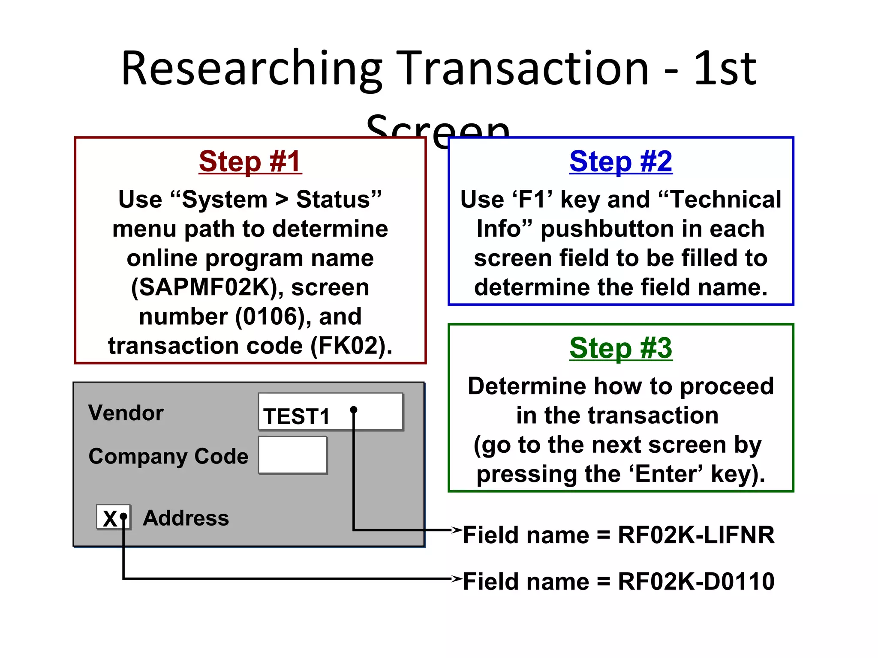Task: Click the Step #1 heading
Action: coord(250,162)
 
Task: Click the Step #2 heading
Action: coord(621,162)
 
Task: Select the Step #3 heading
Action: coord(621,348)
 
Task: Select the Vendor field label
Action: coord(126,413)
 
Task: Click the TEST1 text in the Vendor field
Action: coord(296,417)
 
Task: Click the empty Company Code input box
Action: coord(293,455)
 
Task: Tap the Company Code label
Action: coord(168,457)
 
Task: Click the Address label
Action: coord(186,518)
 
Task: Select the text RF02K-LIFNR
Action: coord(696,535)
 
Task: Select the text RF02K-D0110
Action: coord(696,582)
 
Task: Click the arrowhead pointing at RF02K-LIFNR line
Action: coord(457,530)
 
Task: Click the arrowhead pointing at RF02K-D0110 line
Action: coord(457,579)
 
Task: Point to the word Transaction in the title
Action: coord(525,69)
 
